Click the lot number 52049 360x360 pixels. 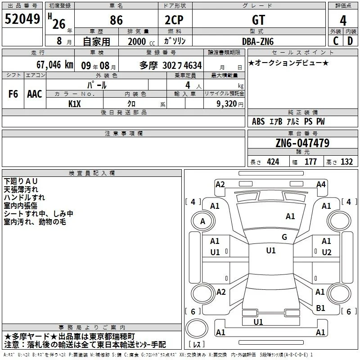(x=22, y=19)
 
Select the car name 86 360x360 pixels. (x=116, y=20)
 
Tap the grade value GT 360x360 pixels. (x=258, y=20)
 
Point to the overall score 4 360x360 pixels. (x=343, y=21)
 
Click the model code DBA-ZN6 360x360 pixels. (x=258, y=41)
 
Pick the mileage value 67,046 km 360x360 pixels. (x=55, y=65)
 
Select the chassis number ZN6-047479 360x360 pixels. (x=302, y=143)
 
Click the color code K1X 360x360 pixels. (x=75, y=104)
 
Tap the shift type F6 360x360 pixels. (x=13, y=94)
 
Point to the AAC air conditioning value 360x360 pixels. (x=35, y=94)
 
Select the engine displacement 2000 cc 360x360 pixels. (x=141, y=42)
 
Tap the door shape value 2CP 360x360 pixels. (x=174, y=20)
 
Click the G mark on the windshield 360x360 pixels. (x=284, y=237)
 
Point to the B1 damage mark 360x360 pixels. (x=320, y=308)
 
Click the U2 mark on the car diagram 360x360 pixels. (x=327, y=252)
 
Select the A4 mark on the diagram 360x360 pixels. (x=321, y=184)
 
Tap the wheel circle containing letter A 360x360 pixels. (x=203, y=221)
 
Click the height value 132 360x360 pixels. (x=346, y=162)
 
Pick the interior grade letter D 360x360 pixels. (x=350, y=41)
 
